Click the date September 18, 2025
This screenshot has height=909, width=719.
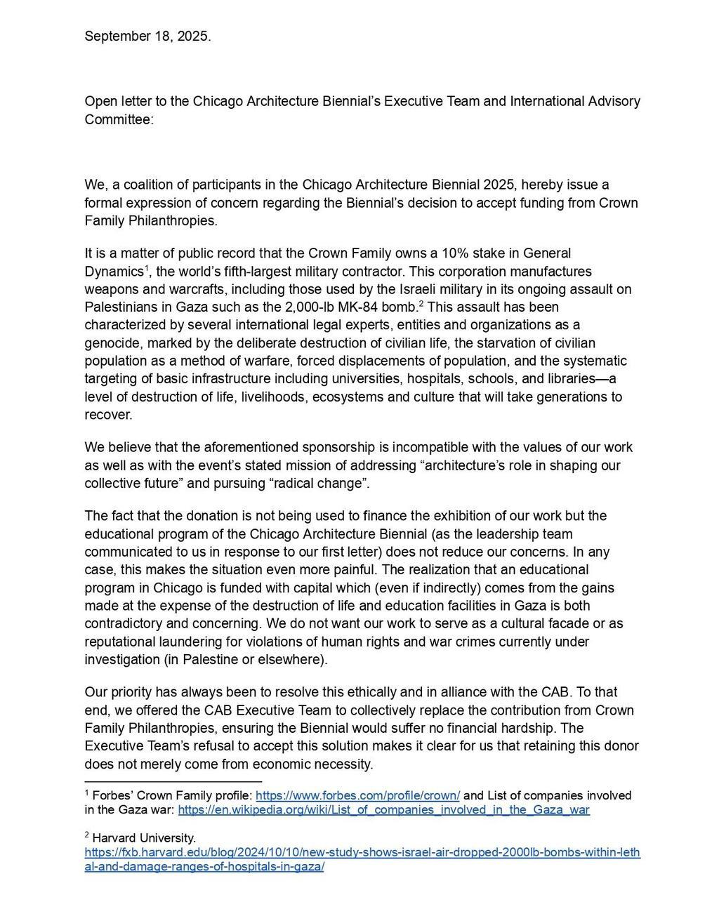(147, 37)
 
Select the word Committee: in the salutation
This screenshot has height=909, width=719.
(119, 119)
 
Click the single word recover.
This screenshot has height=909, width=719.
(108, 415)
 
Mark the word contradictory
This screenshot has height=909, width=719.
(123, 623)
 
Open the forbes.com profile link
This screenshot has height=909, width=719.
(357, 795)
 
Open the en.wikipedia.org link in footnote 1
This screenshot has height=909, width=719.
(383, 809)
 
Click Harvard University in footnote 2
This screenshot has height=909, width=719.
(144, 837)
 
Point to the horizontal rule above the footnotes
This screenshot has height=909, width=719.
(173, 781)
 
